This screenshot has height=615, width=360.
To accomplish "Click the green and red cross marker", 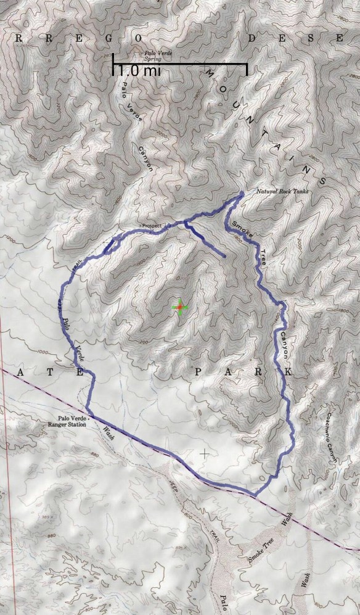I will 179,307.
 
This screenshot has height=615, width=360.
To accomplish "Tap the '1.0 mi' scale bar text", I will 136,71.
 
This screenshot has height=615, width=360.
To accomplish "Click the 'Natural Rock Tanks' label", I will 281,191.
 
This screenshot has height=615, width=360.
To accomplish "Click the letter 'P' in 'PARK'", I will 197,372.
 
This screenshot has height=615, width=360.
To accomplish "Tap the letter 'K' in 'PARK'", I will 288,373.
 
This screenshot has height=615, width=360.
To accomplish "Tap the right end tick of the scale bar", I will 247,68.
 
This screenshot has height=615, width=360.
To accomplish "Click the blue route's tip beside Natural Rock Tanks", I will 241,194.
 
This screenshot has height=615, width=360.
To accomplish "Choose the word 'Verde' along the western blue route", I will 78,352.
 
